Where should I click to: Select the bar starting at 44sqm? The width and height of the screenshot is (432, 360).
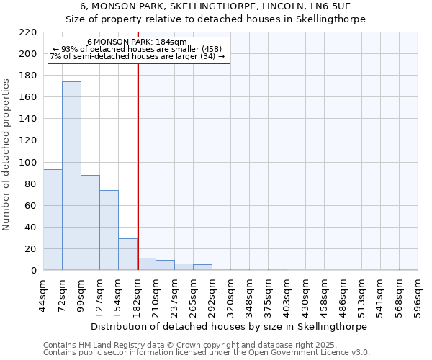[53, 220]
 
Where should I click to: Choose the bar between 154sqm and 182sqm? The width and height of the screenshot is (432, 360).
[127, 254]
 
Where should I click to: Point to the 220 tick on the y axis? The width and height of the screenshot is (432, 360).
[28, 32]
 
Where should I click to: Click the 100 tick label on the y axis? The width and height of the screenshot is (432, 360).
[28, 163]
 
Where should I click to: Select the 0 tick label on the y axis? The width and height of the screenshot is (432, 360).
[34, 271]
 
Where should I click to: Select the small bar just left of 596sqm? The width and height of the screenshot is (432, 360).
[408, 269]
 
